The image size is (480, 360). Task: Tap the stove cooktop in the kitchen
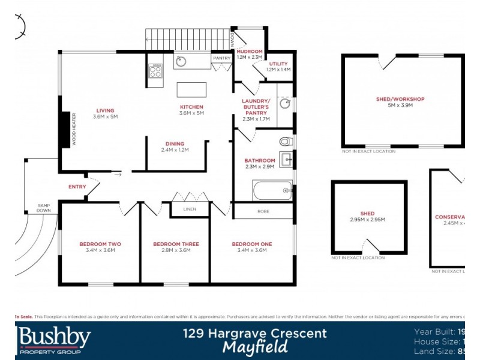pos(155,71)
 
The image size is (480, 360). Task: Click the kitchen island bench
pos(191,90)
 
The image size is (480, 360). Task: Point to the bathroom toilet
pos(285,142)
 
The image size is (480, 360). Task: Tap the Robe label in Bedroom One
pos(263,211)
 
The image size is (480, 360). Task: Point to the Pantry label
pos(221,58)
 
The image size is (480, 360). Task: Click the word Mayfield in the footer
pos(255,347)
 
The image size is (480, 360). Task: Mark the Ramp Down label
pos(43,208)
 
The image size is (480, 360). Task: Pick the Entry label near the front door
pos(77,187)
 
